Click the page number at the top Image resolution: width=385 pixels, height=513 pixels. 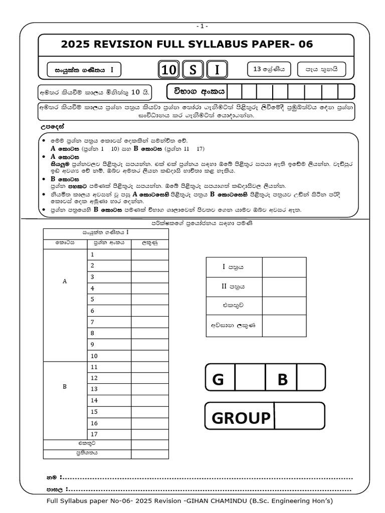[x=202, y=26]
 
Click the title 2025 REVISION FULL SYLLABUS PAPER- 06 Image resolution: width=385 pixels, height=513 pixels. [x=186, y=45]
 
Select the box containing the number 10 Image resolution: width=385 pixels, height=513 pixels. [x=169, y=71]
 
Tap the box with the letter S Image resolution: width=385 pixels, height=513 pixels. [x=193, y=71]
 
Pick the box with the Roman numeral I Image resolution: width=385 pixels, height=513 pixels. [x=217, y=71]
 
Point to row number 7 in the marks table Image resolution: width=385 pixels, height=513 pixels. [x=109, y=322]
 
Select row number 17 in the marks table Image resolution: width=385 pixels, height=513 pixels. [x=109, y=434]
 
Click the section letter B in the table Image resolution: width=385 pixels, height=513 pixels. [x=65, y=387]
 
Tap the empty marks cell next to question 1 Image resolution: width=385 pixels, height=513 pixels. [x=150, y=254]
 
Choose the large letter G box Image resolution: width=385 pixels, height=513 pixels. [x=219, y=380]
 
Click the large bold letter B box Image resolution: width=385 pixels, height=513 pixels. [x=282, y=380]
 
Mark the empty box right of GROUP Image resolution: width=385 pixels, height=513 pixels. [x=299, y=417]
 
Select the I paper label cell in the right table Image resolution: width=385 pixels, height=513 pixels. [x=234, y=268]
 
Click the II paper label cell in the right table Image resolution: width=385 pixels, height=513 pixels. [x=234, y=287]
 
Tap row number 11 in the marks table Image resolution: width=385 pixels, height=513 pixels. [x=109, y=367]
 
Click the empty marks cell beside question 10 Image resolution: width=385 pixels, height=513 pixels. [x=150, y=356]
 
